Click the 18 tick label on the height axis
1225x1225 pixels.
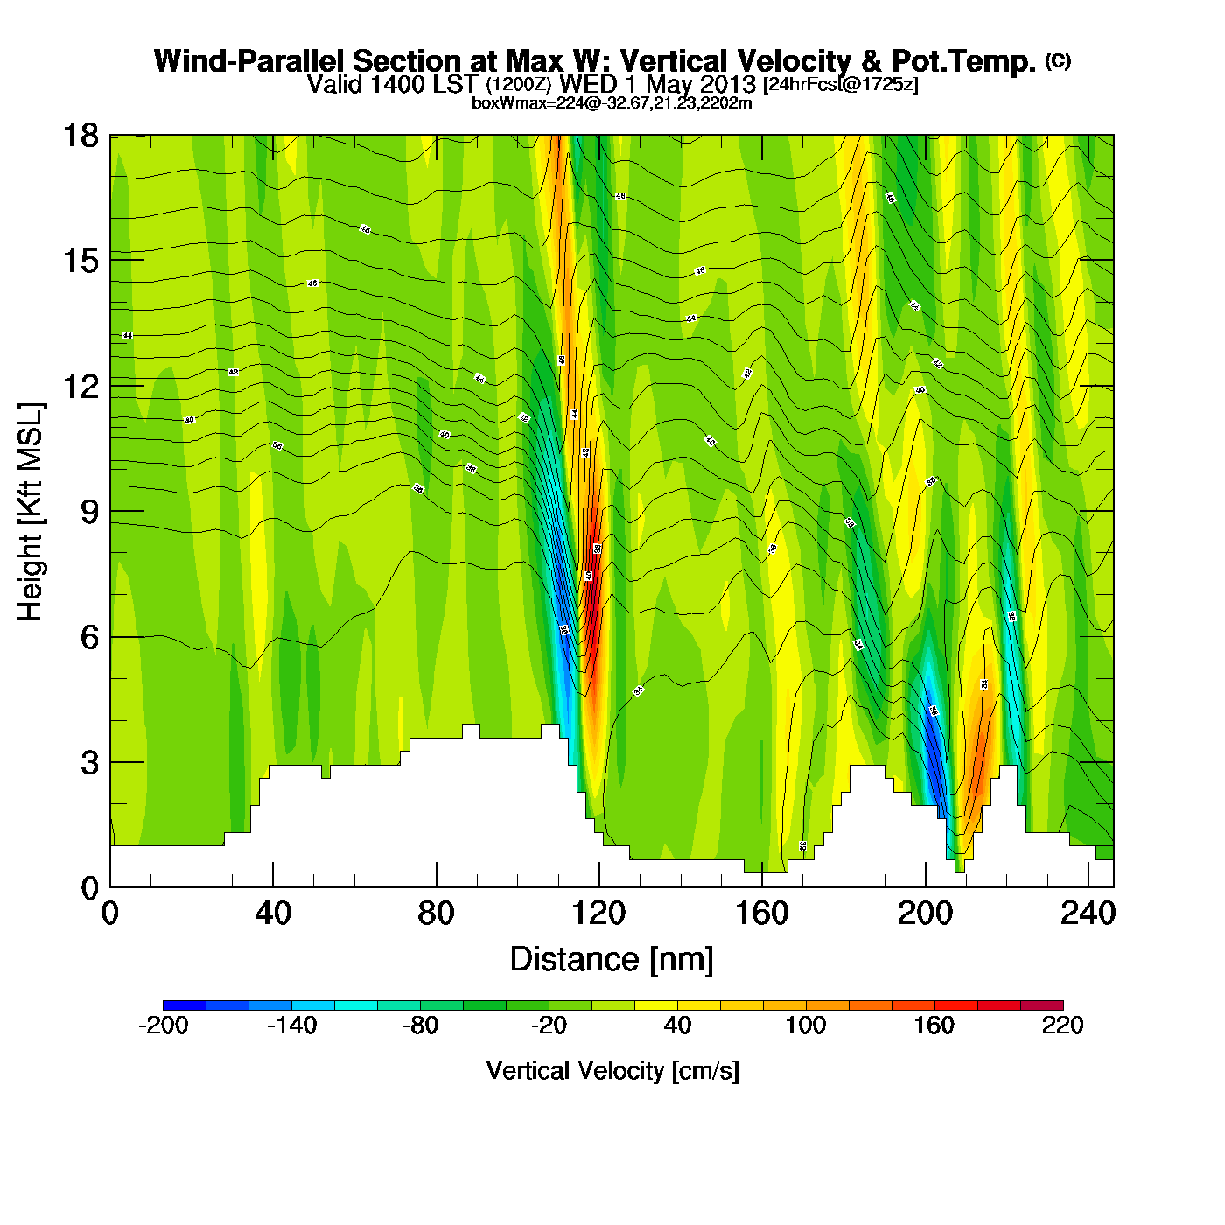(80, 136)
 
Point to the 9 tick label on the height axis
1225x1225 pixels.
(89, 512)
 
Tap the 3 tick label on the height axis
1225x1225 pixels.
(89, 763)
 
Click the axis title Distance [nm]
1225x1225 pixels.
(612, 960)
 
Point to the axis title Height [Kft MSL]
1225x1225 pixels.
(31, 512)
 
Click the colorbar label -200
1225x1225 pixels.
(163, 1025)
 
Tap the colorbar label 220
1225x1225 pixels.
(1062, 1025)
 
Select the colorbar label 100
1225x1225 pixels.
(805, 1025)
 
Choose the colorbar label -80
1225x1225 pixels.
(420, 1025)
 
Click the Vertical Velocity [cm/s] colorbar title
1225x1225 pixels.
(612, 1071)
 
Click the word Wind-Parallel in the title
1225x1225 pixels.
(252, 62)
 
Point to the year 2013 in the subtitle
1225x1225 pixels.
(724, 85)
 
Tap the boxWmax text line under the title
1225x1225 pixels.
(612, 103)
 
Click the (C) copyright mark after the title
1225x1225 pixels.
(1058, 60)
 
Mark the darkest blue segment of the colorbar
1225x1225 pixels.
(184, 1004)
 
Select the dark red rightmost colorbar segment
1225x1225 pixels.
(1042, 1004)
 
